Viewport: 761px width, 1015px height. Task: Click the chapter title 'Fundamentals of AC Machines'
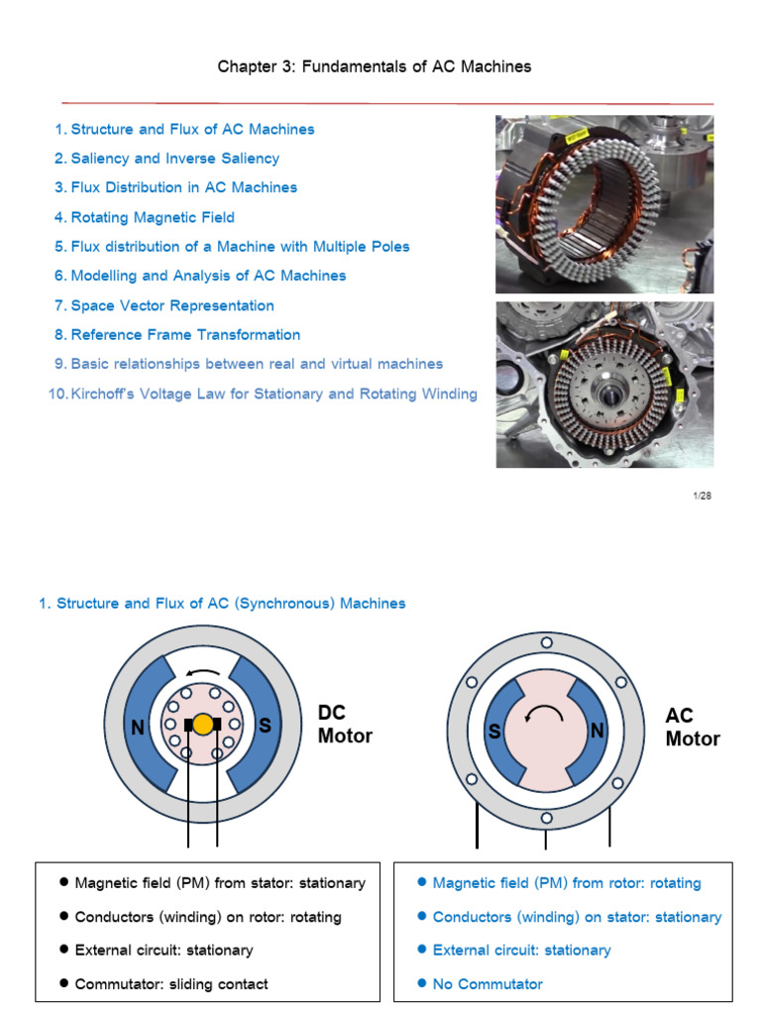(375, 66)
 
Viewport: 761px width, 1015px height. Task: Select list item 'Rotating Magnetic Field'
(153, 217)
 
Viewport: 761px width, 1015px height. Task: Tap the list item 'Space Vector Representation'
(172, 305)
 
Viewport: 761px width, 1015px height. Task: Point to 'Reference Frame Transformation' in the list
(185, 335)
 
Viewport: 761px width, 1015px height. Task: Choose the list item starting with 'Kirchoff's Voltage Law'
(273, 394)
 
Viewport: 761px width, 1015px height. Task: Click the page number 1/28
(703, 496)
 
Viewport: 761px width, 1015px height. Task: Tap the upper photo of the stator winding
(603, 203)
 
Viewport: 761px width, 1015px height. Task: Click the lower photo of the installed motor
(603, 385)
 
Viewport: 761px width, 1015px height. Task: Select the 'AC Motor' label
(693, 728)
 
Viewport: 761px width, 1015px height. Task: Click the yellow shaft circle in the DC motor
(202, 725)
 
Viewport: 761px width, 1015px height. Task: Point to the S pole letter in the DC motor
(266, 726)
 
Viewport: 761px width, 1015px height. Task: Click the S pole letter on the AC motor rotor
(492, 733)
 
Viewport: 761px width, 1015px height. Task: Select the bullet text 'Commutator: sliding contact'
(171, 984)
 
